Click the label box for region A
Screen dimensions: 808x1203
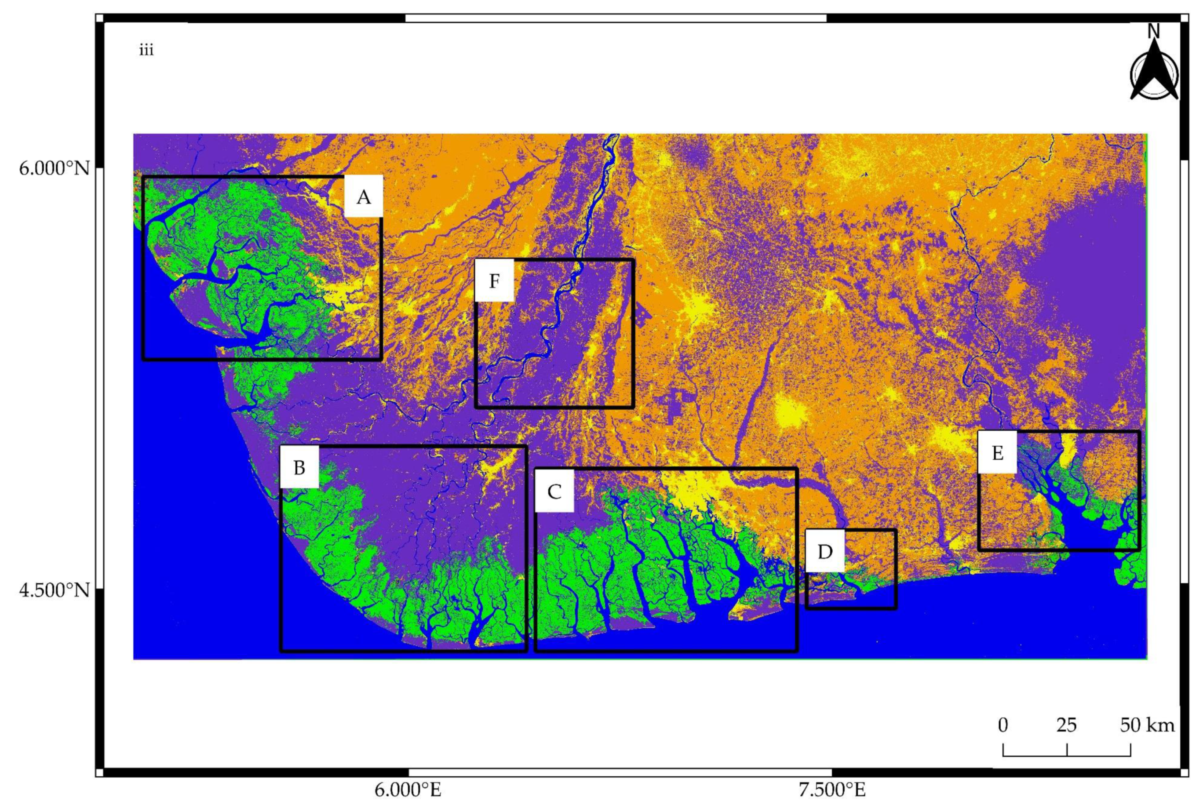pos(363,197)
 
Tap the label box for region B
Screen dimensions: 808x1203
pos(299,467)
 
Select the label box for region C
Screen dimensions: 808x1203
pos(554,491)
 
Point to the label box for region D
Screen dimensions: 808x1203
pos(825,552)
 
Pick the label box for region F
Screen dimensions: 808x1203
pos(494,281)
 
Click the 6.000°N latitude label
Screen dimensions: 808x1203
pos(54,168)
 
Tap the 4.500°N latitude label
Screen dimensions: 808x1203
pos(54,590)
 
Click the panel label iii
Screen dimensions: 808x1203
pos(146,51)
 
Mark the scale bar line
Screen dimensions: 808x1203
pos(1066,755)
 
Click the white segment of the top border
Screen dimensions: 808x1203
pos(616,18)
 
